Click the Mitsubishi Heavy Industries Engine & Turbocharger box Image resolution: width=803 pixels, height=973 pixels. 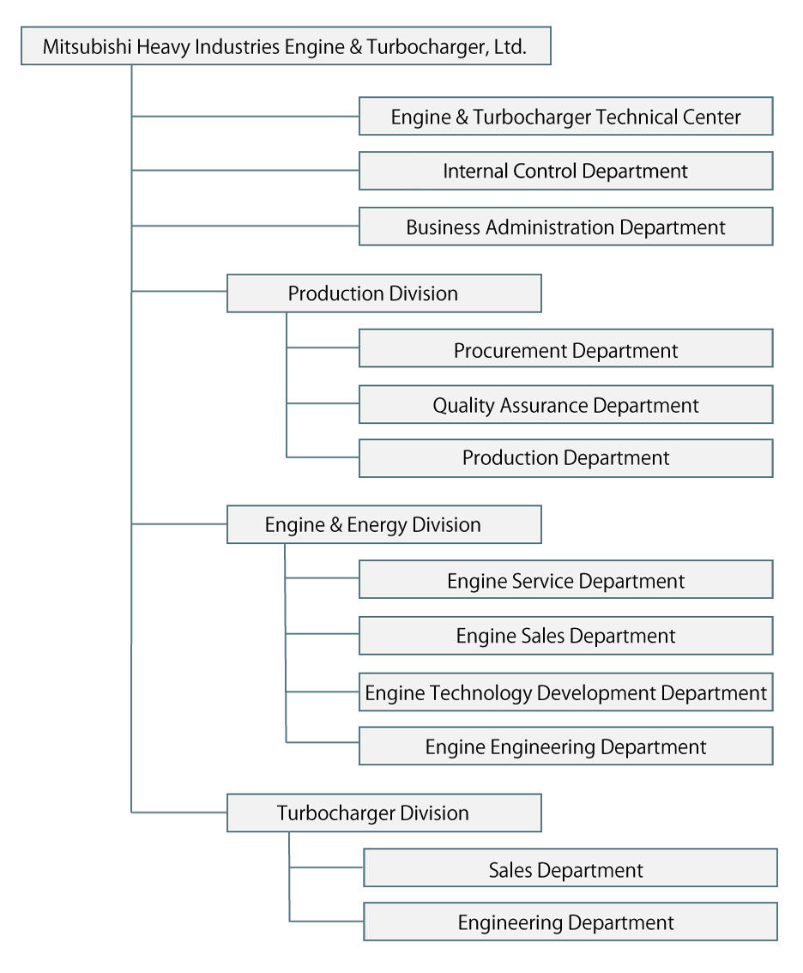[x=286, y=46]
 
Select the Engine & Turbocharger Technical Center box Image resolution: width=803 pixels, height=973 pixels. [x=566, y=116]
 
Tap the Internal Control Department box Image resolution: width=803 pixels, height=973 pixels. [x=566, y=171]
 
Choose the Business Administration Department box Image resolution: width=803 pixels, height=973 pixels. [x=566, y=227]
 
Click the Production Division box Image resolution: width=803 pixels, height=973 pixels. [x=384, y=293]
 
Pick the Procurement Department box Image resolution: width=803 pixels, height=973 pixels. [x=566, y=348]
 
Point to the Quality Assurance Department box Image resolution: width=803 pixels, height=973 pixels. [x=566, y=405]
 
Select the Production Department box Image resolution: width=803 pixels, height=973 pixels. [x=566, y=458]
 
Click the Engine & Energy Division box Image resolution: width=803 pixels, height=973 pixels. [x=384, y=525]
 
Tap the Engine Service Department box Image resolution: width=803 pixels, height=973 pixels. [x=566, y=579]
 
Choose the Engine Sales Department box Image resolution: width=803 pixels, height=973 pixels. [x=566, y=636]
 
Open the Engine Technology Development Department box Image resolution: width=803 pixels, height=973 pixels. [x=566, y=692]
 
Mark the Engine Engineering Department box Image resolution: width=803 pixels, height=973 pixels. [x=566, y=746]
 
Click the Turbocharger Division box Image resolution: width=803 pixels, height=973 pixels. [x=384, y=813]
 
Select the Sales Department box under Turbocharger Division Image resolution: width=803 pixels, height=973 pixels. [x=571, y=867]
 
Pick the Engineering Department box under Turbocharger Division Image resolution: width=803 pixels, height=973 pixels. [x=571, y=922]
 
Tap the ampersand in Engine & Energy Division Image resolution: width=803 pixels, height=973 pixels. [x=335, y=525]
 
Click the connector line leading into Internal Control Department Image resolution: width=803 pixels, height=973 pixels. [x=245, y=170]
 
